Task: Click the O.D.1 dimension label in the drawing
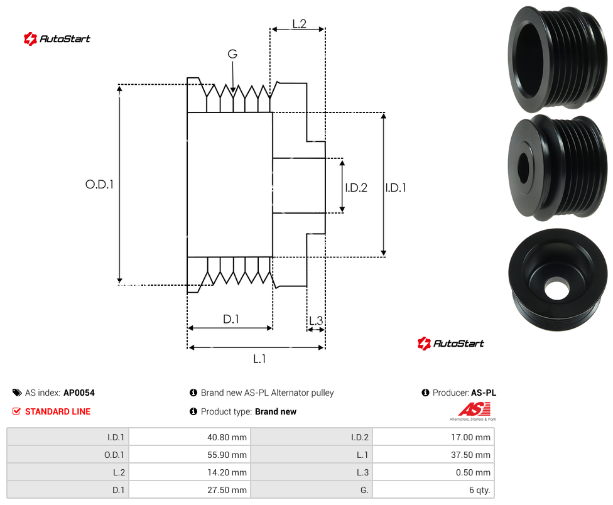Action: (99, 184)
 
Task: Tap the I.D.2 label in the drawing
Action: (356, 188)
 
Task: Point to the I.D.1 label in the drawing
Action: (396, 188)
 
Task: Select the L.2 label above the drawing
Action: (299, 24)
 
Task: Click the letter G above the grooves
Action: (232, 54)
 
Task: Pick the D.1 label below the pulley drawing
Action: (231, 319)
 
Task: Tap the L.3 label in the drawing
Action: (316, 320)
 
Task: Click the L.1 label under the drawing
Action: (259, 359)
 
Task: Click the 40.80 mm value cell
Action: (190, 437)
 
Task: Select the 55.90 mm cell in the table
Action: (190, 455)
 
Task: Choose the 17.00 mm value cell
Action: (433, 437)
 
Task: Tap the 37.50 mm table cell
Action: (433, 455)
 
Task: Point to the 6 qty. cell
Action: (433, 490)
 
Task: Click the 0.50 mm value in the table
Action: (433, 472)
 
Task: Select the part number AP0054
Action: (79, 393)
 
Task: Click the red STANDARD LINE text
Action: (58, 411)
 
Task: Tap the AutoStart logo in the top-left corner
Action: (57, 39)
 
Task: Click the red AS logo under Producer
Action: (474, 411)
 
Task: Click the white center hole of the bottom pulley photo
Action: (556, 288)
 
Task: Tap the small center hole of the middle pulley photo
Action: (523, 168)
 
